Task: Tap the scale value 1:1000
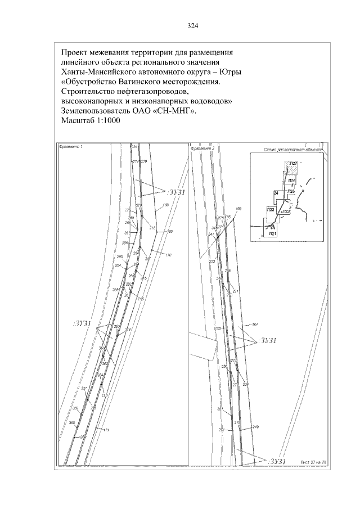pos(105,121)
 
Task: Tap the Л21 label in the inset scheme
pos(272,232)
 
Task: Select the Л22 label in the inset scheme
pos(270,209)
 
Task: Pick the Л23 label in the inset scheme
pos(285,212)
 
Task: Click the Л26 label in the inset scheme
pos(291,181)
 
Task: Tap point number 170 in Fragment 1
pos(168,255)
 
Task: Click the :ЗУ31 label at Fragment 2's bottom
pos(278,461)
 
